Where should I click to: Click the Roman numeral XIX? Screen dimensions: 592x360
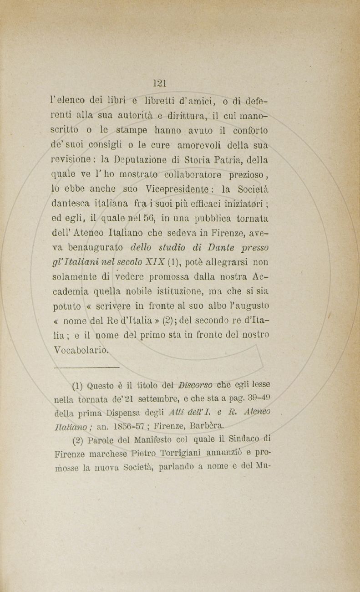point(155,263)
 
